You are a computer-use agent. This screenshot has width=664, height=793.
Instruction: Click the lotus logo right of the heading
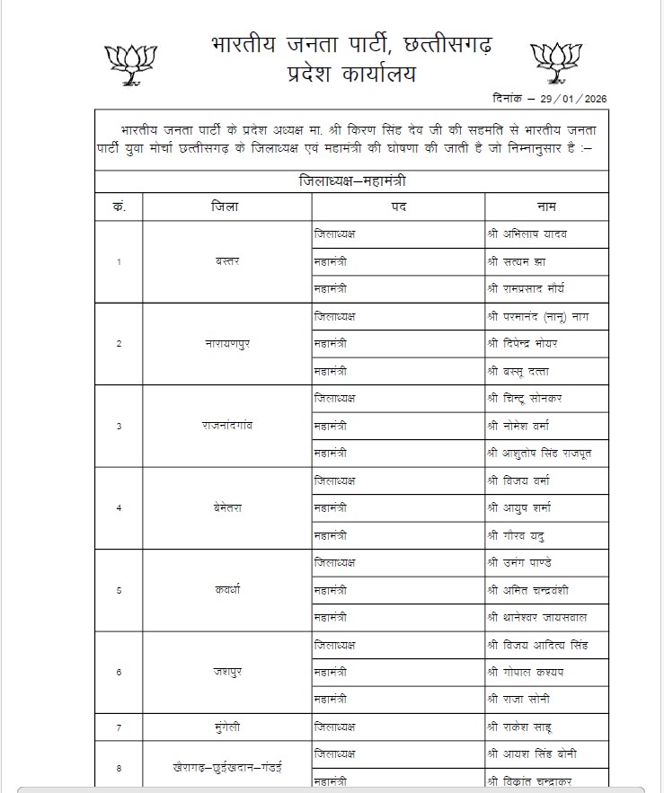click(556, 62)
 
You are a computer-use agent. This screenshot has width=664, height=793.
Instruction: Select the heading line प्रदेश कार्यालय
click(351, 74)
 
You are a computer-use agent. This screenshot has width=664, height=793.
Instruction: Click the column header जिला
click(226, 207)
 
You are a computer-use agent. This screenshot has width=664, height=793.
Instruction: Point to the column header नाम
click(546, 207)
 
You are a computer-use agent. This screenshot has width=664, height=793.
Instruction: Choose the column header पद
click(399, 207)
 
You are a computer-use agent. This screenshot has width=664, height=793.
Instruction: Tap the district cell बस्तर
click(226, 261)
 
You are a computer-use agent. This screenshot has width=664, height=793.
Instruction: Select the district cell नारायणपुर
click(226, 343)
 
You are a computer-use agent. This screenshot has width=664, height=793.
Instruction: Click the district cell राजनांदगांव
click(226, 425)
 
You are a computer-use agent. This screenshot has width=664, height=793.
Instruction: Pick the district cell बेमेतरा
click(226, 507)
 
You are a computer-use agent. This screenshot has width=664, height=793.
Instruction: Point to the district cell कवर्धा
click(226, 589)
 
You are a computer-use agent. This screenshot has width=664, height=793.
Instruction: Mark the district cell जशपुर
click(226, 671)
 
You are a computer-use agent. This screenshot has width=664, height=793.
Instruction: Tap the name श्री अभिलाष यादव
click(528, 233)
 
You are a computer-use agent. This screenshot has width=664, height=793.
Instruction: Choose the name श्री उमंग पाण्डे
click(527, 562)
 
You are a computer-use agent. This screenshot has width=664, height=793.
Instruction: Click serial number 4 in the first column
click(120, 508)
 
